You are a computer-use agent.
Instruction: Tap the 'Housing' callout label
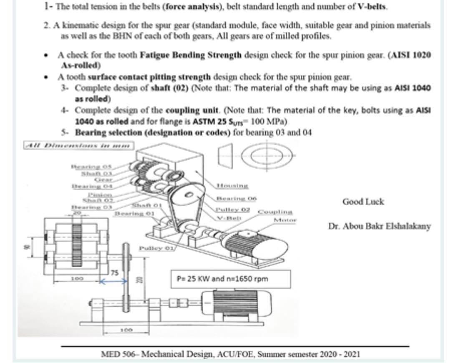click(232, 185)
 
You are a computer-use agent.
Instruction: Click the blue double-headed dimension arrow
click(112, 281)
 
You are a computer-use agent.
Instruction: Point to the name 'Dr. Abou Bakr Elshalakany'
click(379, 226)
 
